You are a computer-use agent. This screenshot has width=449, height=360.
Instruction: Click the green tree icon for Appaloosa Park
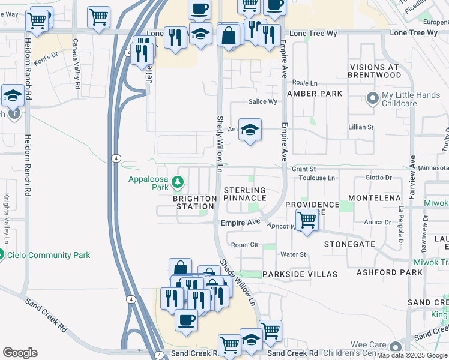177,181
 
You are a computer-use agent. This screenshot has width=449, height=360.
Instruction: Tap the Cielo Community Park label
48,255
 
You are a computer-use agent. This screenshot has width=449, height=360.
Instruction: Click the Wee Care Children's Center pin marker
396,347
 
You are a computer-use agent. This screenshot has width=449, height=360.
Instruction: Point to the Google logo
20,353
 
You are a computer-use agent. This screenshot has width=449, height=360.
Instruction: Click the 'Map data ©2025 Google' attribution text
412,355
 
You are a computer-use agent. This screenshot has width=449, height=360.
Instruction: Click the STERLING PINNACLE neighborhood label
245,194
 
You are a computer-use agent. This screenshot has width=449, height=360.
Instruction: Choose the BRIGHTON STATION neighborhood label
194,202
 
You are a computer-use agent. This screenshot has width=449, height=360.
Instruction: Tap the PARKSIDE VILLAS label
300,274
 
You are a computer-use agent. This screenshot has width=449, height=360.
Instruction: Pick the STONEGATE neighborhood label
349,244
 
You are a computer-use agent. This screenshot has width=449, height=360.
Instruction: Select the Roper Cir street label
244,245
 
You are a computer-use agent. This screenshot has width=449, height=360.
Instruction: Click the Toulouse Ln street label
318,178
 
